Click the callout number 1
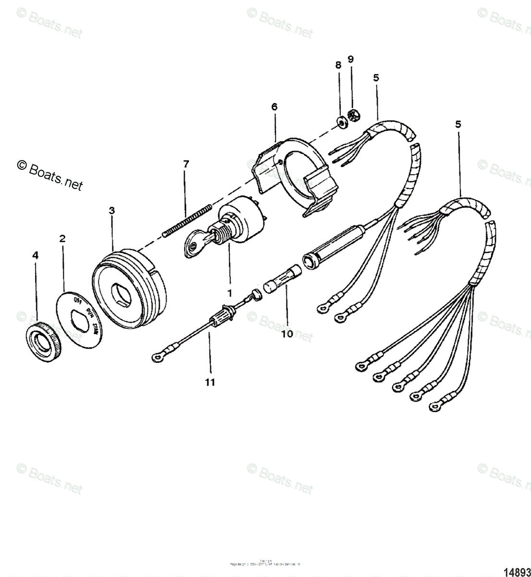[229, 292]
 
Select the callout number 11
[209, 382]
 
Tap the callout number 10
[287, 333]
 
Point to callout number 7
[186, 164]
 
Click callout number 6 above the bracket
[274, 107]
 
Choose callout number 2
[62, 238]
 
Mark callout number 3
[112, 210]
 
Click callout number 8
[338, 65]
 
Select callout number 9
[350, 59]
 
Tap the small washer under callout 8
[341, 123]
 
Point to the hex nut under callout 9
[356, 116]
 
